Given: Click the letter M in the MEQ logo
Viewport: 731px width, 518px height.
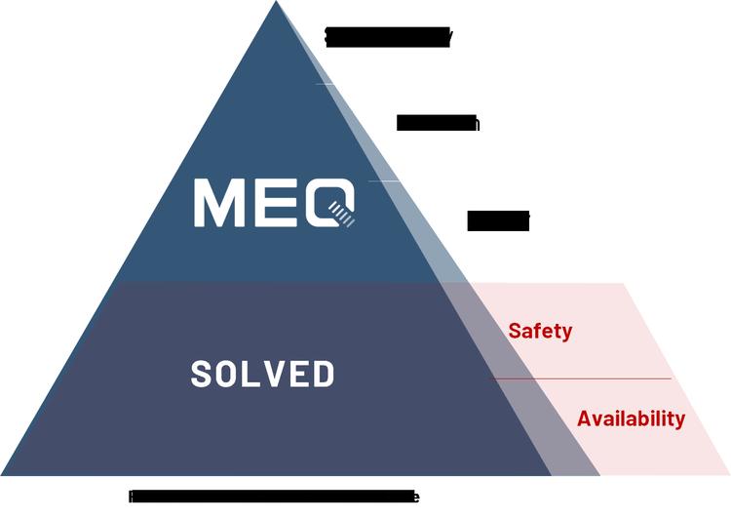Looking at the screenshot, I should tap(217, 201).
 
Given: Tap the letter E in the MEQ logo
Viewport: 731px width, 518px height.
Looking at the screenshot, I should tap(272, 201).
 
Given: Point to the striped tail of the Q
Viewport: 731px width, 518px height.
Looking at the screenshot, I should tap(343, 214).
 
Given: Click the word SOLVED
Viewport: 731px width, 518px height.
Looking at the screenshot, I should tap(263, 374).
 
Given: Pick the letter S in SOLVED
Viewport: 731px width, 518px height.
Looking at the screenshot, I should tap(202, 374).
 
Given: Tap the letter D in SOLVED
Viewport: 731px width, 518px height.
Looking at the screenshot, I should tap(323, 374).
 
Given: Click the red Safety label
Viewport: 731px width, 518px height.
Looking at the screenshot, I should tap(540, 332).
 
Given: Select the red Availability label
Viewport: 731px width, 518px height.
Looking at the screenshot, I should tap(631, 419).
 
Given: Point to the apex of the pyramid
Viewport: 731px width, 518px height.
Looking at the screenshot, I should tap(276, 3).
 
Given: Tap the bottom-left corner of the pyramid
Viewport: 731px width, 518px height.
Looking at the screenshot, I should tap(3, 475).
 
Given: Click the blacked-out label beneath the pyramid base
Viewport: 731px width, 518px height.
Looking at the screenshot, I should tap(274, 497).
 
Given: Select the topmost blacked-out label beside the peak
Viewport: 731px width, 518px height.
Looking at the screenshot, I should tap(388, 37).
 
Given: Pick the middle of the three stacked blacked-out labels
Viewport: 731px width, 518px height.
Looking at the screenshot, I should tap(438, 124).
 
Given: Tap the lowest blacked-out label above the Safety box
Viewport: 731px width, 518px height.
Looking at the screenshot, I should tap(498, 221).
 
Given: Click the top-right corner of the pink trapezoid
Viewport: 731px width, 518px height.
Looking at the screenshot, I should tap(623, 284).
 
